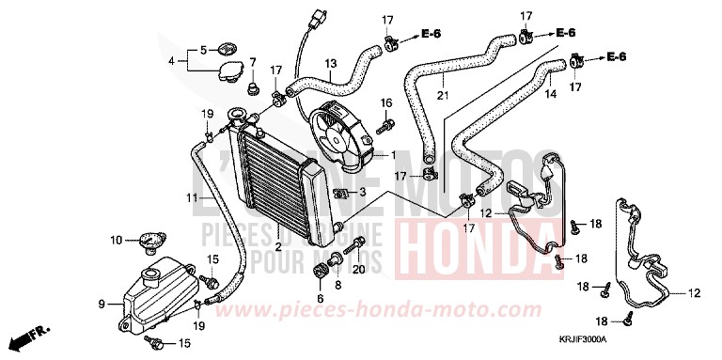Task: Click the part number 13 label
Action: pyautogui.click(x=331, y=64)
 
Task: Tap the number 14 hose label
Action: pyautogui.click(x=551, y=94)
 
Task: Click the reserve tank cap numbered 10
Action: pyautogui.click(x=146, y=242)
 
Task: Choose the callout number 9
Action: pyautogui.click(x=102, y=304)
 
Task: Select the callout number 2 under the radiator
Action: pyautogui.click(x=278, y=247)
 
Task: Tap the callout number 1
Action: pyautogui.click(x=394, y=155)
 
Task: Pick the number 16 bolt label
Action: pyautogui.click(x=385, y=102)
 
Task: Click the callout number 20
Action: pyautogui.click(x=357, y=271)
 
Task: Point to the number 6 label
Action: pyautogui.click(x=320, y=299)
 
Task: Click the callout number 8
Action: pyautogui.click(x=338, y=284)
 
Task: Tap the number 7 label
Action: pyautogui.click(x=251, y=63)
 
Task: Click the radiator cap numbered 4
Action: pyautogui.click(x=228, y=70)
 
